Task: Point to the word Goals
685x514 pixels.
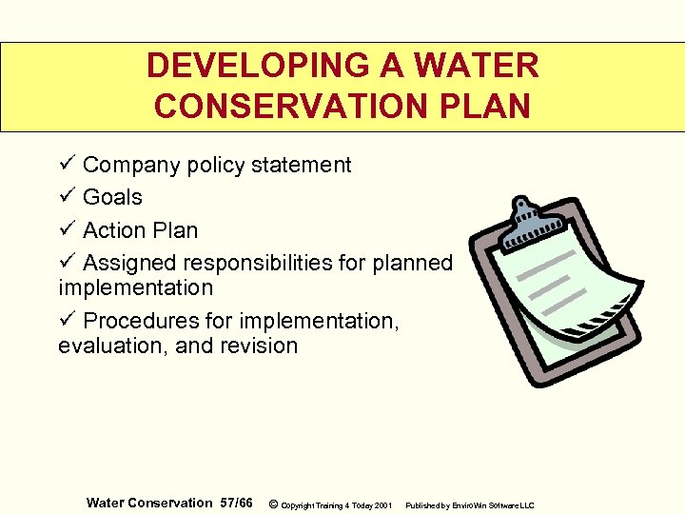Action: pyautogui.click(x=112, y=198)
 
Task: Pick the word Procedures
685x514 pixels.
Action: pyautogui.click(x=136, y=322)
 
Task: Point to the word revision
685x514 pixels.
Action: pyautogui.click(x=259, y=346)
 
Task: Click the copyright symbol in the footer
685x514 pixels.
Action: pyautogui.click(x=273, y=504)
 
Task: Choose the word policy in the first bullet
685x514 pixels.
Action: pyautogui.click(x=215, y=165)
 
